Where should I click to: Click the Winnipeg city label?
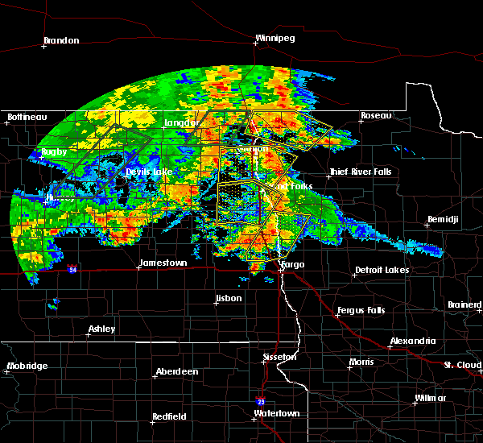click(x=275, y=38)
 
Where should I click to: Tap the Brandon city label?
click(x=61, y=40)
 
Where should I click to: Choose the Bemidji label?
click(x=444, y=220)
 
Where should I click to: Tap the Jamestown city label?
click(x=163, y=263)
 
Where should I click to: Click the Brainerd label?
click(x=464, y=305)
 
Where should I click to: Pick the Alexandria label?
click(x=413, y=342)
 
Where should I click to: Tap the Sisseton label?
click(x=281, y=357)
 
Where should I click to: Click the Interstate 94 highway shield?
click(x=72, y=270)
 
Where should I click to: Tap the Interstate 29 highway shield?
click(x=250, y=400)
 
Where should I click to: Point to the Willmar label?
click(x=430, y=399)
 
